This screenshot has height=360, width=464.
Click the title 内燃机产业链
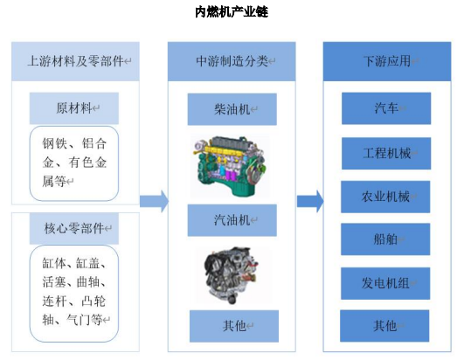coord(232,12)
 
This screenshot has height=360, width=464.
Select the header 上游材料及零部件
coord(75,61)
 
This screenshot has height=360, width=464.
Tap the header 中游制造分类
coord(232,61)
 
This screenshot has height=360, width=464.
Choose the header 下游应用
coord(387,61)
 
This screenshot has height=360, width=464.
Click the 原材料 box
coord(74,108)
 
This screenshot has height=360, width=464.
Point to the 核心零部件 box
coord(74,228)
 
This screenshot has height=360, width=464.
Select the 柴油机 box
coord(232,109)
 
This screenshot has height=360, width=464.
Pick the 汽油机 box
coord(232,220)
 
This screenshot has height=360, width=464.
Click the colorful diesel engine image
coord(230,166)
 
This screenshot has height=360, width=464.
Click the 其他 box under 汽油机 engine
coord(234,326)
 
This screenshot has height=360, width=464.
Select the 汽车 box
coord(386,108)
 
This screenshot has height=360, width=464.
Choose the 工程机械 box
coord(386,154)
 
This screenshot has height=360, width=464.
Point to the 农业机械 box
coord(385,197)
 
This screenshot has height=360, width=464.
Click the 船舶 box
coord(385,239)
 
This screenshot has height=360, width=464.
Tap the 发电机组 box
coord(385,283)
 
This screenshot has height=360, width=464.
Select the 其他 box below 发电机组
coord(384,326)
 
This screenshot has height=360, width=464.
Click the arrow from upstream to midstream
coord(154,201)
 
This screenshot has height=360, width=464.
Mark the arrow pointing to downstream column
coord(310,201)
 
